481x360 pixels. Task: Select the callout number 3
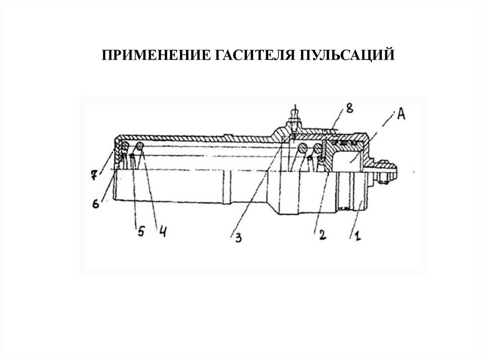tap(238, 238)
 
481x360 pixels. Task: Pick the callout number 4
tap(163, 232)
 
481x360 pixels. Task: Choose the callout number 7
tap(94, 176)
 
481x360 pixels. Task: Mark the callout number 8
tap(349, 108)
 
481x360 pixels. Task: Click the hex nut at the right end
tap(384, 169)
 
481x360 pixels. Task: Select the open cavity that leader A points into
tap(347, 162)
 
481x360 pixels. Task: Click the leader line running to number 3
tap(258, 192)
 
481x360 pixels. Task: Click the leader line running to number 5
tap(136, 192)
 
